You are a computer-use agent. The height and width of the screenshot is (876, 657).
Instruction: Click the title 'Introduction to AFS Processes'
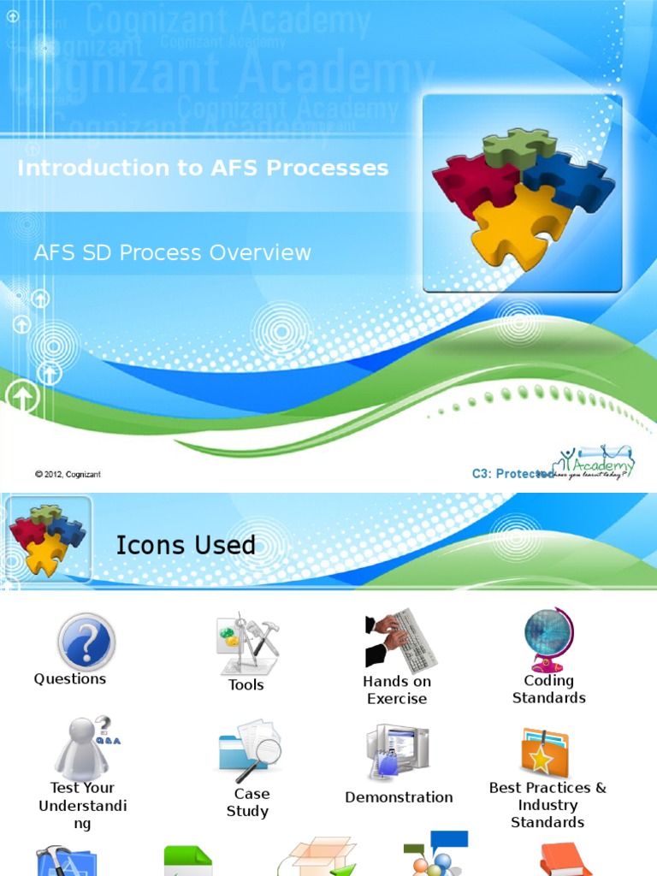click(x=203, y=168)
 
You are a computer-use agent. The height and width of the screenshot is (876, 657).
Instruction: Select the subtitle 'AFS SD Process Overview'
click(x=172, y=252)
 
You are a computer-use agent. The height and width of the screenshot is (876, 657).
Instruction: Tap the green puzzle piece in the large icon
click(x=518, y=147)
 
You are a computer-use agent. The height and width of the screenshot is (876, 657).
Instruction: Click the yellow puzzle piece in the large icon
click(x=519, y=226)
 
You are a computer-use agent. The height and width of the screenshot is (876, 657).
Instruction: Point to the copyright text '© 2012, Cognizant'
click(x=68, y=474)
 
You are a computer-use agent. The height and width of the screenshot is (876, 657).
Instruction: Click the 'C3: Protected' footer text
click(x=512, y=474)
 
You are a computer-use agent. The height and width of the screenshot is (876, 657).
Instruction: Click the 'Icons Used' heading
click(x=186, y=545)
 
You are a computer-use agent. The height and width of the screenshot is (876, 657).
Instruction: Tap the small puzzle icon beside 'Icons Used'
click(x=47, y=540)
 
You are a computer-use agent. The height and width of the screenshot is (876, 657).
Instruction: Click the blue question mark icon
click(x=86, y=642)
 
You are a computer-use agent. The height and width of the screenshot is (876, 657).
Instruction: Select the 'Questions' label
click(x=70, y=678)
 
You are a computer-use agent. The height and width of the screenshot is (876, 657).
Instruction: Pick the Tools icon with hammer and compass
click(x=246, y=643)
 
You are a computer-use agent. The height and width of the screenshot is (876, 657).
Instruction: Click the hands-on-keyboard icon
click(x=400, y=639)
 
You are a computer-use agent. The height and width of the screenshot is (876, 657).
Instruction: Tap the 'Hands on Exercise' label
click(x=397, y=690)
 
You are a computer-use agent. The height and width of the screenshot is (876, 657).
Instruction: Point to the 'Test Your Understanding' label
click(x=82, y=805)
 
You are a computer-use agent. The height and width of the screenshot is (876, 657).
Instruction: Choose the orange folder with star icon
click(x=544, y=753)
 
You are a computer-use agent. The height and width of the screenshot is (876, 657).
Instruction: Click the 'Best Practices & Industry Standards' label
click(x=547, y=805)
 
